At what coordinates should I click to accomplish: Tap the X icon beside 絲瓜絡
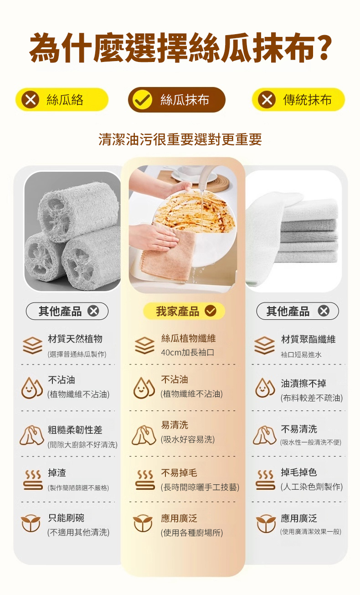pos(30,100)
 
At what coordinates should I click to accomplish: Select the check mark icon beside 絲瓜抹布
pos(143,100)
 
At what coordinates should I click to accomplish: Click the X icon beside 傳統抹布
pos(267,100)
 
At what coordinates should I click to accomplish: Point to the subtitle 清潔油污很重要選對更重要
pos(180,139)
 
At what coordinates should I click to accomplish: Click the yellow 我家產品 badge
pos(184,311)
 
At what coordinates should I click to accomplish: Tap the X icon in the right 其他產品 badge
pos(324,311)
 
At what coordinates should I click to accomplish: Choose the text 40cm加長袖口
pos(188,353)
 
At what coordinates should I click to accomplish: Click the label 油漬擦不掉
pos(303,383)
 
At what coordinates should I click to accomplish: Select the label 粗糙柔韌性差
pos(75,430)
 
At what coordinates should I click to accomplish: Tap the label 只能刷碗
pos(66,518)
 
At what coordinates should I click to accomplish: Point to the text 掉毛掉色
pos(299,472)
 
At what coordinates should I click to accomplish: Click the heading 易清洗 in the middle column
pos(175,425)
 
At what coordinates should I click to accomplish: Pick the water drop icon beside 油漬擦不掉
pos(265,388)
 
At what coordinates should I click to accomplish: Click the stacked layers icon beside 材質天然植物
pos(32,345)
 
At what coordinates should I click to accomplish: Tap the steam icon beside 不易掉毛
pos(145,480)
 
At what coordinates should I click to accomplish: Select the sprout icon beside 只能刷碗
pos(31,523)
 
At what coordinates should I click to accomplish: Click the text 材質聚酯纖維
pos(308,339)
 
